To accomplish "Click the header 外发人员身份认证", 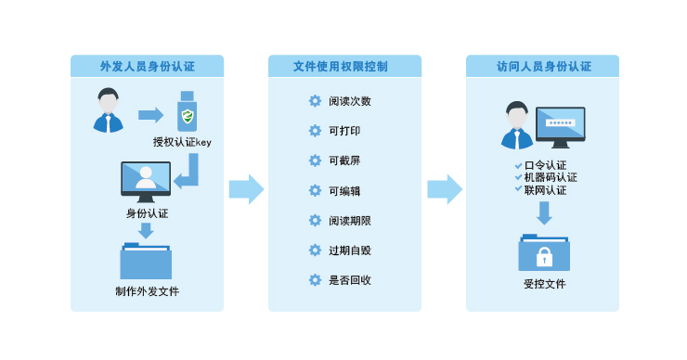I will (x=147, y=67).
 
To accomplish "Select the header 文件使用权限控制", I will (x=344, y=67).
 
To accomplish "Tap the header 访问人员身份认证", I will (x=542, y=67).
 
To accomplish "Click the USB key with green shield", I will (x=188, y=113).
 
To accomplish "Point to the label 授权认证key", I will (x=183, y=142).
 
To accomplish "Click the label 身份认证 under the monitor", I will (x=146, y=213).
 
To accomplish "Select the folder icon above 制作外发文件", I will (x=146, y=261).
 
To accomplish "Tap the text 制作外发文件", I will (x=147, y=291).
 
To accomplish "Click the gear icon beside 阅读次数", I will (x=315, y=101).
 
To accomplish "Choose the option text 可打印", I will (x=344, y=131).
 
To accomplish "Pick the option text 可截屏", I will (x=344, y=161).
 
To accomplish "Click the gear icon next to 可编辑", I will (x=315, y=190).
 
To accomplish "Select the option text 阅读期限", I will (x=350, y=221).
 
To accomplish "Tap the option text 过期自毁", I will (x=350, y=251).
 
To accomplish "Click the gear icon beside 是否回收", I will (x=315, y=279).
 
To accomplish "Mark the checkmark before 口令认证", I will (x=518, y=165).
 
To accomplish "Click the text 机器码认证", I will (x=550, y=177).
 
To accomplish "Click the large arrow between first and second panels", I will (x=246, y=189).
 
